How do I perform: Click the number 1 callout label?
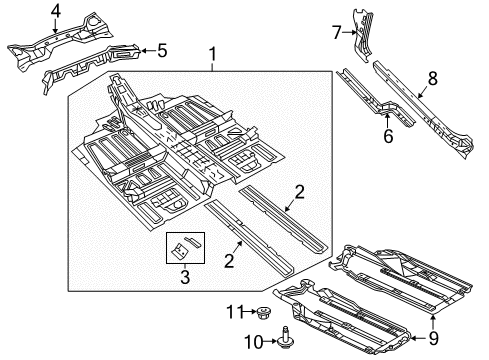pos(211,54)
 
